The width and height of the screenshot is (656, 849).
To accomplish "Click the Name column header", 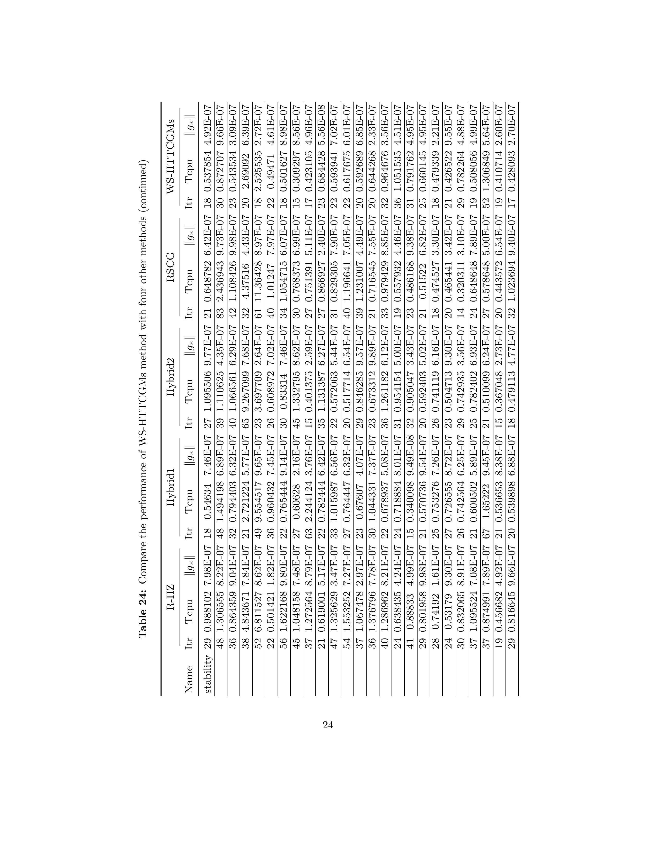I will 189,679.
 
